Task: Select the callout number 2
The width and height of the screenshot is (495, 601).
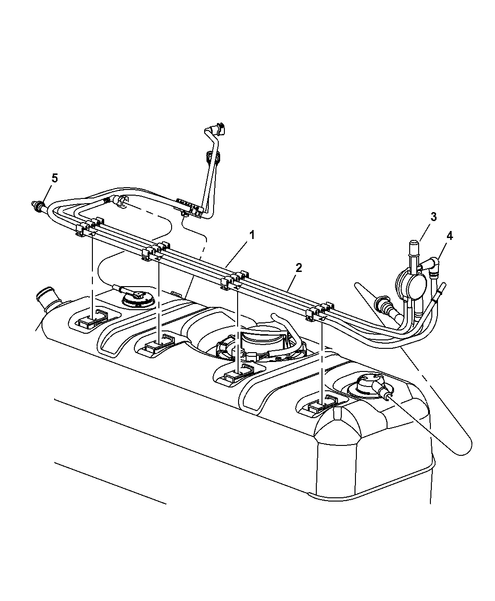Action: tap(298, 268)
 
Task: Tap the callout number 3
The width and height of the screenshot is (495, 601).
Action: tap(433, 217)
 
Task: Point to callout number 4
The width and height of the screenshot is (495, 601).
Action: tap(450, 236)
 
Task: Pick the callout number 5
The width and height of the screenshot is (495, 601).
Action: tap(55, 178)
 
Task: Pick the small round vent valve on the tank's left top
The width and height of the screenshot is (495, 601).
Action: tap(137, 297)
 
